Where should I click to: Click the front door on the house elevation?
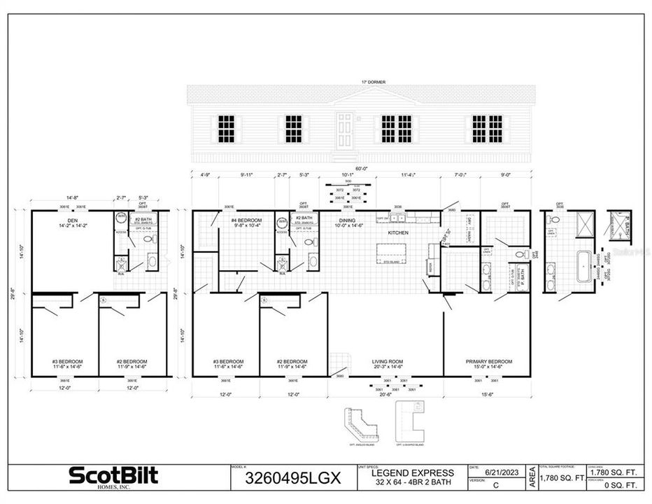point(346,131)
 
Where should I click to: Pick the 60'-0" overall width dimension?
point(361,169)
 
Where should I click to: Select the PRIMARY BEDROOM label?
point(489,361)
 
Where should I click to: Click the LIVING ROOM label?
point(385,361)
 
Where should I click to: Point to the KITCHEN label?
point(399,232)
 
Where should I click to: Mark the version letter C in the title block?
point(495,484)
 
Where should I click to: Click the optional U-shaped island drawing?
point(410,422)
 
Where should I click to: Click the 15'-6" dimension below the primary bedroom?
point(486,395)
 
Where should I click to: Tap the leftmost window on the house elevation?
point(226,128)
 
